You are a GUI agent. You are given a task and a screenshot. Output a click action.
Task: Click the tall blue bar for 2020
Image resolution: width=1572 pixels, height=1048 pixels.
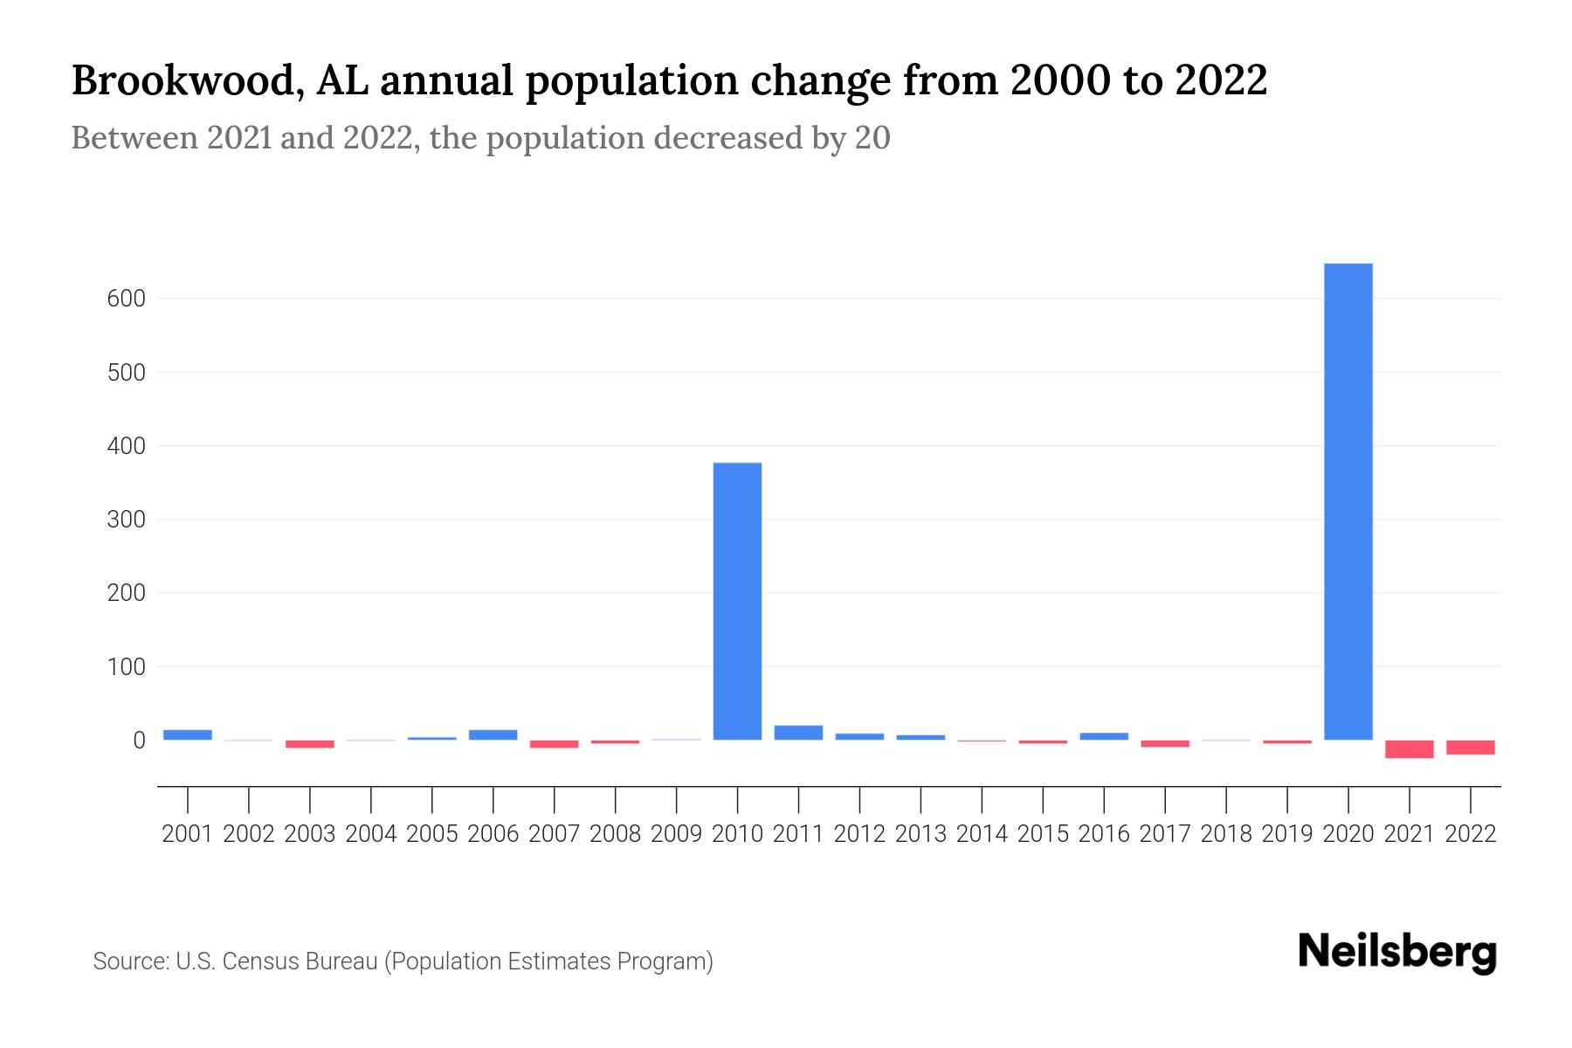(x=1348, y=501)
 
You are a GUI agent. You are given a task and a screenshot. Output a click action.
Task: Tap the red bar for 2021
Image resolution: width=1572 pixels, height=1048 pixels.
(x=1410, y=749)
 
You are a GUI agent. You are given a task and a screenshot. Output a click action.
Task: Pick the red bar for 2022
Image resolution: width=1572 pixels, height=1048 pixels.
(x=1471, y=748)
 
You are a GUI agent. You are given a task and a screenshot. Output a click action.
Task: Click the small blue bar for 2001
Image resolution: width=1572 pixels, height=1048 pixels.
(x=188, y=734)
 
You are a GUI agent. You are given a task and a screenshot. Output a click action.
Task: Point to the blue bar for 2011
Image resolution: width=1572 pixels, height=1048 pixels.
(x=798, y=733)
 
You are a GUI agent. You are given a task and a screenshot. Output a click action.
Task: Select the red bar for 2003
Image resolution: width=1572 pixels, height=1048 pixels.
(x=310, y=744)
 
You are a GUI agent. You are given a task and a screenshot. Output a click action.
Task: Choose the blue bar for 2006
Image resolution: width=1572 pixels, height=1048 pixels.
(x=493, y=734)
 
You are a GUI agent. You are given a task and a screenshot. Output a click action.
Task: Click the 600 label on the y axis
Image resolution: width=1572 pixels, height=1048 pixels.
(x=127, y=299)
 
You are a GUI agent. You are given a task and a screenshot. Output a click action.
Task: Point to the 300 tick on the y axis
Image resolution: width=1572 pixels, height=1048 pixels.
(x=127, y=520)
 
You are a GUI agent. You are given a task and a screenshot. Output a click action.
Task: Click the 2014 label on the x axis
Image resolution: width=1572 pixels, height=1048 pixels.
(x=982, y=834)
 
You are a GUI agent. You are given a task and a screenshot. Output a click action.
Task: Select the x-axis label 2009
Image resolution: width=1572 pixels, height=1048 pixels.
(x=676, y=834)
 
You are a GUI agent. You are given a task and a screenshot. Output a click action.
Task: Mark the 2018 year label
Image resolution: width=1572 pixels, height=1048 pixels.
(x=1226, y=834)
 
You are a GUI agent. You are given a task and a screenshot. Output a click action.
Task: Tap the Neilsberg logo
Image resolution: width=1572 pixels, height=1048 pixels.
(x=1397, y=952)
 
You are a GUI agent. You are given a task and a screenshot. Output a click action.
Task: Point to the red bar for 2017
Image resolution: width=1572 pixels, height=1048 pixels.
(x=1165, y=743)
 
